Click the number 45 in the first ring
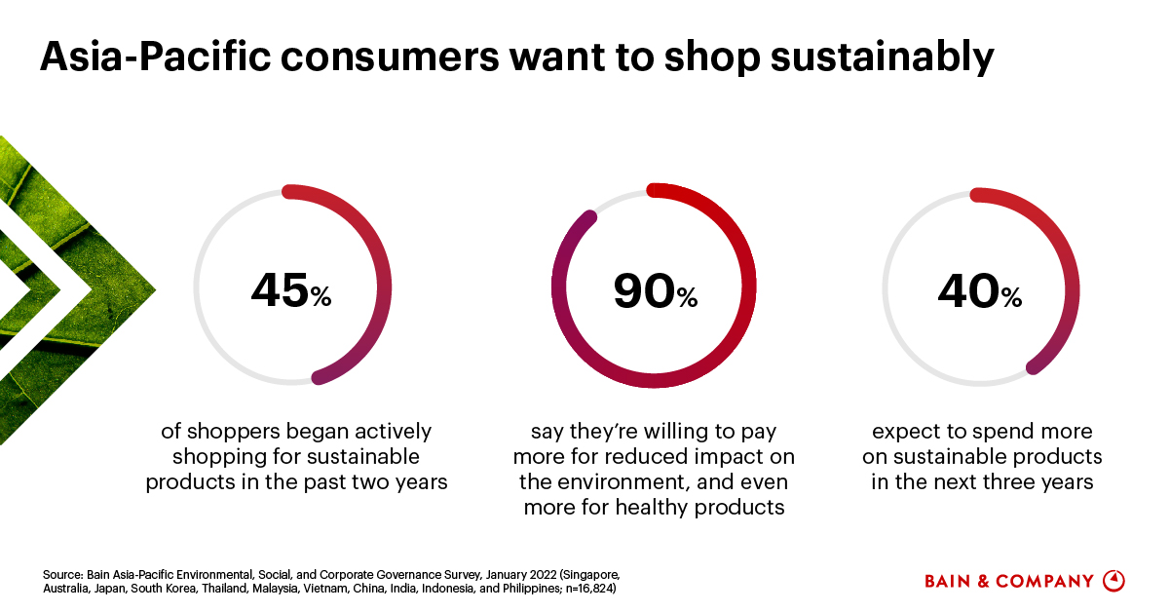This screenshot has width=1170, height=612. pos(280,289)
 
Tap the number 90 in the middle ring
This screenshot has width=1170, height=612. pos(644,289)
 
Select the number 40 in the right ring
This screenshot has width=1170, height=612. pos(968,289)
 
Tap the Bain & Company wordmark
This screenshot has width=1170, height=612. pos(1009,581)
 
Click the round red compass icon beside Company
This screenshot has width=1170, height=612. pos(1113,581)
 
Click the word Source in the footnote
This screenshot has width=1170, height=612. pos(60,573)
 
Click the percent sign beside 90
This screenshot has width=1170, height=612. pos(687,297)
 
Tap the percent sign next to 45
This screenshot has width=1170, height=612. pos(321,297)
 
